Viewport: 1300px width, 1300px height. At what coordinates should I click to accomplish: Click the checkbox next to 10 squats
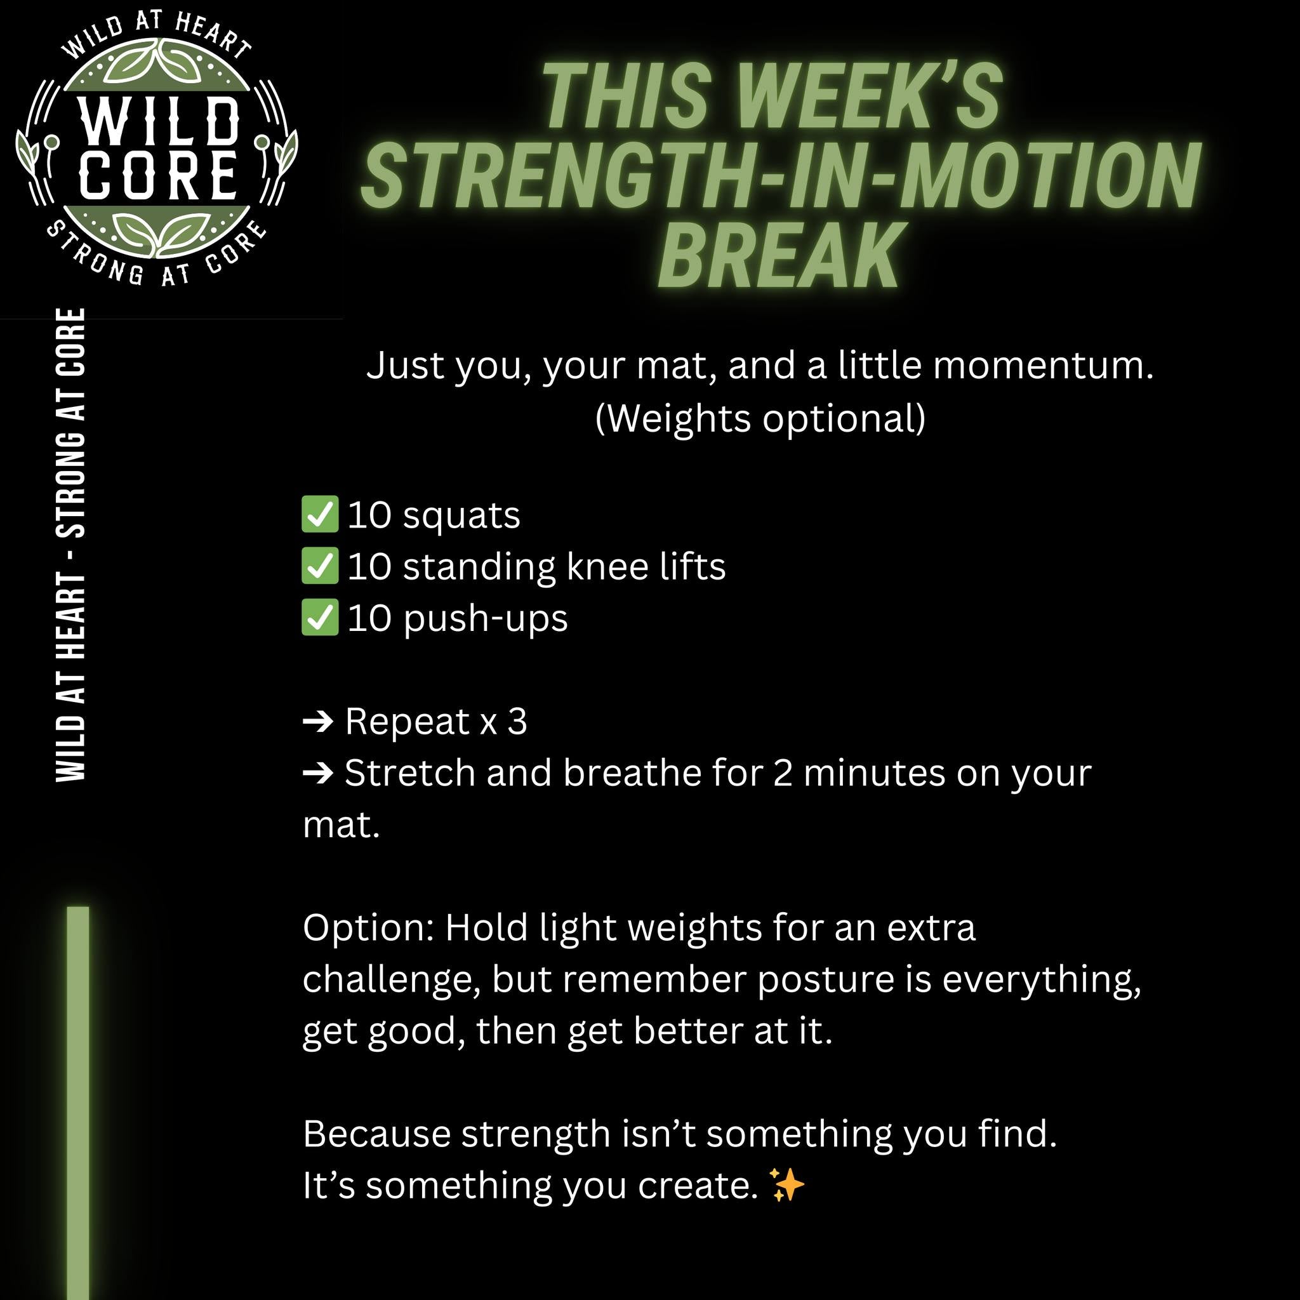320,514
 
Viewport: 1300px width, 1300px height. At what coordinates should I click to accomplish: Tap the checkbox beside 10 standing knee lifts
320,566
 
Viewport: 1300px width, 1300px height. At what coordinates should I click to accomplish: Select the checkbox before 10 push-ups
320,617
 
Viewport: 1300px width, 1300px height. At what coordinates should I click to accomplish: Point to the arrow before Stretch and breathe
318,773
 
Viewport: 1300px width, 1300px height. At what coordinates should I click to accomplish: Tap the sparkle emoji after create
786,1185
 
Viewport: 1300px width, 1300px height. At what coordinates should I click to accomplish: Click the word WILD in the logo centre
159,122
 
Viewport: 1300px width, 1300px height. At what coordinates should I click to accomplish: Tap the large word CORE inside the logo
159,175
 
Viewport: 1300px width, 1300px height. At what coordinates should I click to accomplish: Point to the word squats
461,516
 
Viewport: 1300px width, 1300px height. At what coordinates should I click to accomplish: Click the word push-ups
485,619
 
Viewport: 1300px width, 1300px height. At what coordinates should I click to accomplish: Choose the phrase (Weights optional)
760,418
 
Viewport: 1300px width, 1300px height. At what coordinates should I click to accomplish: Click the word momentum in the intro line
1043,366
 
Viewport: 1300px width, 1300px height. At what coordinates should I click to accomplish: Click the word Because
376,1134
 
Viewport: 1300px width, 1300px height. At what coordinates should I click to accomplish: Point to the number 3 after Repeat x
517,722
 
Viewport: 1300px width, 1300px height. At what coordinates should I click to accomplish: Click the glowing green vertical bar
78,1103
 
